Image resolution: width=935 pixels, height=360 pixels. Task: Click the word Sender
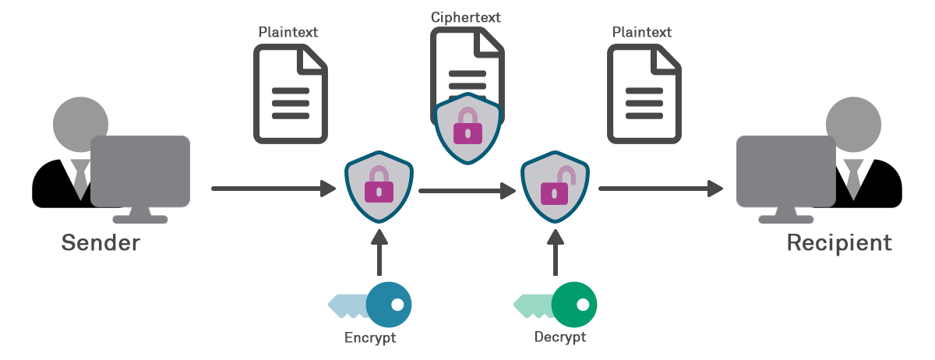[x=101, y=243]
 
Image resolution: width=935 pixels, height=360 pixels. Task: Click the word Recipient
[x=838, y=243]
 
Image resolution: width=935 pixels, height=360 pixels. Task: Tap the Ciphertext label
[x=465, y=16]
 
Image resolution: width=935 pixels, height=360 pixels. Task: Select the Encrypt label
[x=370, y=338]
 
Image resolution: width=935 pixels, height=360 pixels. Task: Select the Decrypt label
[x=560, y=338]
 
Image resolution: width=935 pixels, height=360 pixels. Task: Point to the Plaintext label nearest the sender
[x=288, y=32]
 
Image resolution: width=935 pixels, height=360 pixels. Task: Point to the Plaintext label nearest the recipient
[x=642, y=32]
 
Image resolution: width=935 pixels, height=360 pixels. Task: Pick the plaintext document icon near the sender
[x=290, y=94]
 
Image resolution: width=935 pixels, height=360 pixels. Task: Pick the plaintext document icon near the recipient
[x=644, y=94]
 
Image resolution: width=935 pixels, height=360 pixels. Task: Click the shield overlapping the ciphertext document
[x=467, y=129]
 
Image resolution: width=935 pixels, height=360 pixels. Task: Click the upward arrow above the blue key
[x=379, y=253]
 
